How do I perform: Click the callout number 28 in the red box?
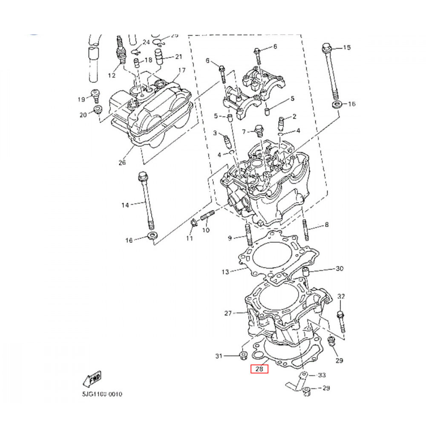click(x=259, y=369)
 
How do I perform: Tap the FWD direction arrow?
click(x=92, y=378)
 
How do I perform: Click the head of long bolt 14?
click(x=142, y=176)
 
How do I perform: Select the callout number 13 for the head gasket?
click(x=225, y=272)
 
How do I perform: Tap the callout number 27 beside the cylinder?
click(x=228, y=314)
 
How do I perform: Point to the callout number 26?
click(x=122, y=162)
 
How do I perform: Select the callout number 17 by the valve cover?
click(x=181, y=70)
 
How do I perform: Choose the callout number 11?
click(x=190, y=238)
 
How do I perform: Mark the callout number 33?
click(x=322, y=375)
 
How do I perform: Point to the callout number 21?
click(x=178, y=57)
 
